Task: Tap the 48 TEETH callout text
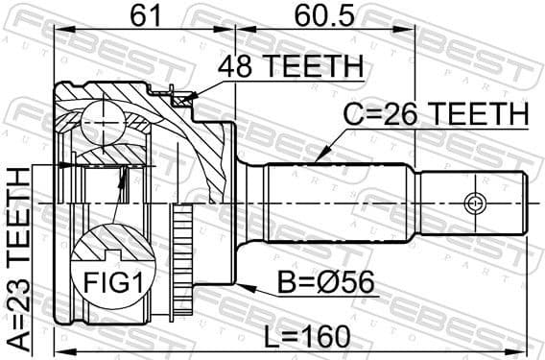tap(290, 67)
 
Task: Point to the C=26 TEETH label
tap(437, 115)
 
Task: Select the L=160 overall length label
tap(307, 338)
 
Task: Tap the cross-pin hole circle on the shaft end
tap(473, 204)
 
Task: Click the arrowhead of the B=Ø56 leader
tap(241, 285)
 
